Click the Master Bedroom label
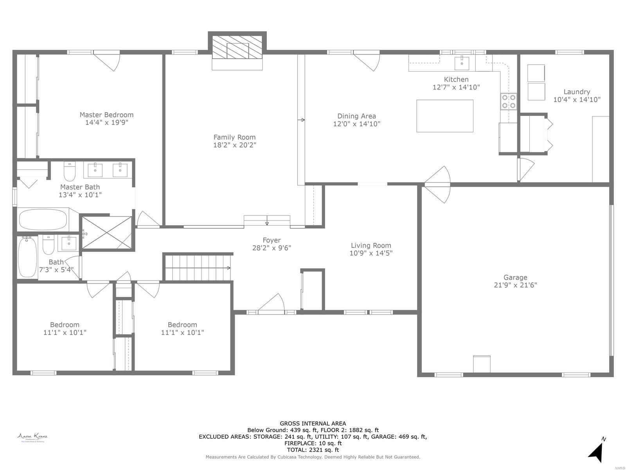106,115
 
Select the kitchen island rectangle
444,116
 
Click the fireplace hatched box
237,51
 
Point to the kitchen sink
462,62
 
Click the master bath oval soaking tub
43,219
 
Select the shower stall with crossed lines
107,233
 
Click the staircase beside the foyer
198,268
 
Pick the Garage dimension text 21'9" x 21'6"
515,285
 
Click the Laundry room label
577,92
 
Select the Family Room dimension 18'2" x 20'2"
234,145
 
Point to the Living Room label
371,246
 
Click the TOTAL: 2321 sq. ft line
313,450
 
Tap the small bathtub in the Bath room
27,257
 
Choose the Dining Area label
356,116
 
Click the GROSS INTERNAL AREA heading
313,423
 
